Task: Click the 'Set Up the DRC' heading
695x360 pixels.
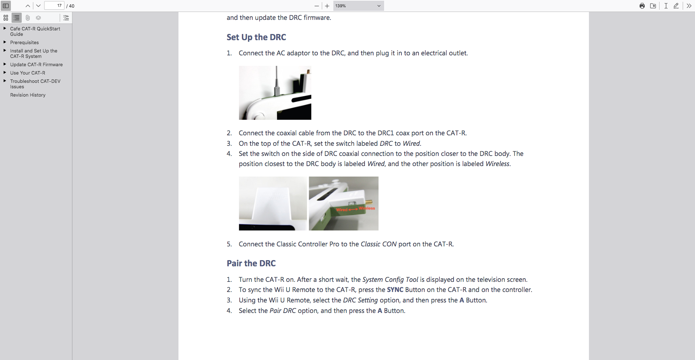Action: pyautogui.click(x=256, y=37)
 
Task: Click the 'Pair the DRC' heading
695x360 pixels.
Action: pyautogui.click(x=251, y=263)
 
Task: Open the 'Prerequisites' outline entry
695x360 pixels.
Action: pyautogui.click(x=24, y=42)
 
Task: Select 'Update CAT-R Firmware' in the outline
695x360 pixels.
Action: pyautogui.click(x=36, y=64)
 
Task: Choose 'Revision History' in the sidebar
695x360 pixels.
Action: pyautogui.click(x=28, y=95)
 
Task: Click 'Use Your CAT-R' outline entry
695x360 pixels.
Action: pyautogui.click(x=28, y=73)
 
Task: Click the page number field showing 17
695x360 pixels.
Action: pyautogui.click(x=54, y=6)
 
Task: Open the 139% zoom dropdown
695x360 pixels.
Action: pyautogui.click(x=358, y=6)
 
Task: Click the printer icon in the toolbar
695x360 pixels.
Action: pyautogui.click(x=642, y=6)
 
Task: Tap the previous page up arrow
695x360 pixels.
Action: pyautogui.click(x=28, y=6)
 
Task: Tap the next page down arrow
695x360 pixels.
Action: pyautogui.click(x=38, y=6)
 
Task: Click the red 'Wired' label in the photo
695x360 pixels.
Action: pyautogui.click(x=341, y=210)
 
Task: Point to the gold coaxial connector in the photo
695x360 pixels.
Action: pyautogui.click(x=369, y=202)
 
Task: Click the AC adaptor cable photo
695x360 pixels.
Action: pyautogui.click(x=275, y=93)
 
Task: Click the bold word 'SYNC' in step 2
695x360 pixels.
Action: pyautogui.click(x=395, y=290)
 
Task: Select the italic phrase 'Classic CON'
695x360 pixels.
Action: pyautogui.click(x=379, y=244)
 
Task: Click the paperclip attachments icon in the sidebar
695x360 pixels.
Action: pyautogui.click(x=28, y=18)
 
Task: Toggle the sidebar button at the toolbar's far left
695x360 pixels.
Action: pyautogui.click(x=6, y=6)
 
